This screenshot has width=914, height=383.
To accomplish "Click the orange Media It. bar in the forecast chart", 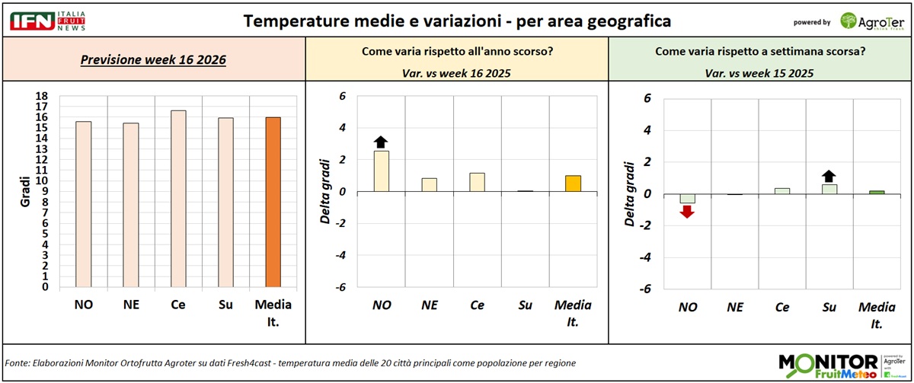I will [273, 203].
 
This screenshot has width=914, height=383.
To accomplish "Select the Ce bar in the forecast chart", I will [178, 199].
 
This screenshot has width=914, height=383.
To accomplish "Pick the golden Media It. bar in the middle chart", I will [573, 184].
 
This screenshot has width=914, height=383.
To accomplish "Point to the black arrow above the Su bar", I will [829, 176].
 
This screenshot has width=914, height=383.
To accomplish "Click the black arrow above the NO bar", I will [382, 141].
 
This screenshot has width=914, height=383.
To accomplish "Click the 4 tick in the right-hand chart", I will [647, 130].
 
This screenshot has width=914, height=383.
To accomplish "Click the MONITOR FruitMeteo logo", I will [828, 365].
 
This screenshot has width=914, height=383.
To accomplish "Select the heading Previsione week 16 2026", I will [153, 59].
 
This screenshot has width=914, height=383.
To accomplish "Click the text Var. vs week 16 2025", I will [456, 73].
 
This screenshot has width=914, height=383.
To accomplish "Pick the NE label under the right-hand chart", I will [735, 308].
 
